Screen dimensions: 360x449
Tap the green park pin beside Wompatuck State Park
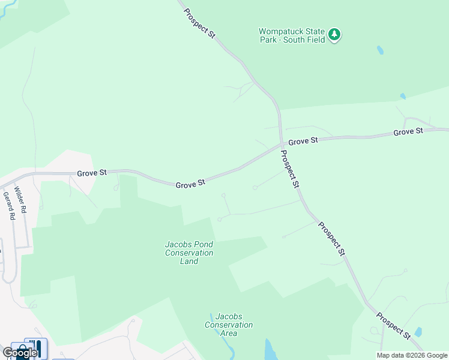[x=335, y=35]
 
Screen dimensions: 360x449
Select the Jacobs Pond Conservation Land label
[x=189, y=253]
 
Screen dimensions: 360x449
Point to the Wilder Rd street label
[x=21, y=200]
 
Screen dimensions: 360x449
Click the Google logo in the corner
[x=20, y=353]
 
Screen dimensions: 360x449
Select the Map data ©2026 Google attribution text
[x=412, y=355]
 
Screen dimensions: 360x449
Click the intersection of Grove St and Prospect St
[x=281, y=145]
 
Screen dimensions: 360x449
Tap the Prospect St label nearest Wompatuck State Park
[x=199, y=23]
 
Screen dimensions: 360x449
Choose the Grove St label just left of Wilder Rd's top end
[x=92, y=173]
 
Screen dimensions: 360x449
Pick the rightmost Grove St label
[x=408, y=131]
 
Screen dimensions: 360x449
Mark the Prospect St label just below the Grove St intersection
[x=290, y=169]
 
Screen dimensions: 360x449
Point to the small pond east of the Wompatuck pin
[x=380, y=50]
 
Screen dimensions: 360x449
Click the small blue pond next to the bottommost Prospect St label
[x=418, y=332]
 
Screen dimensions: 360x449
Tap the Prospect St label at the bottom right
[x=394, y=325]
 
